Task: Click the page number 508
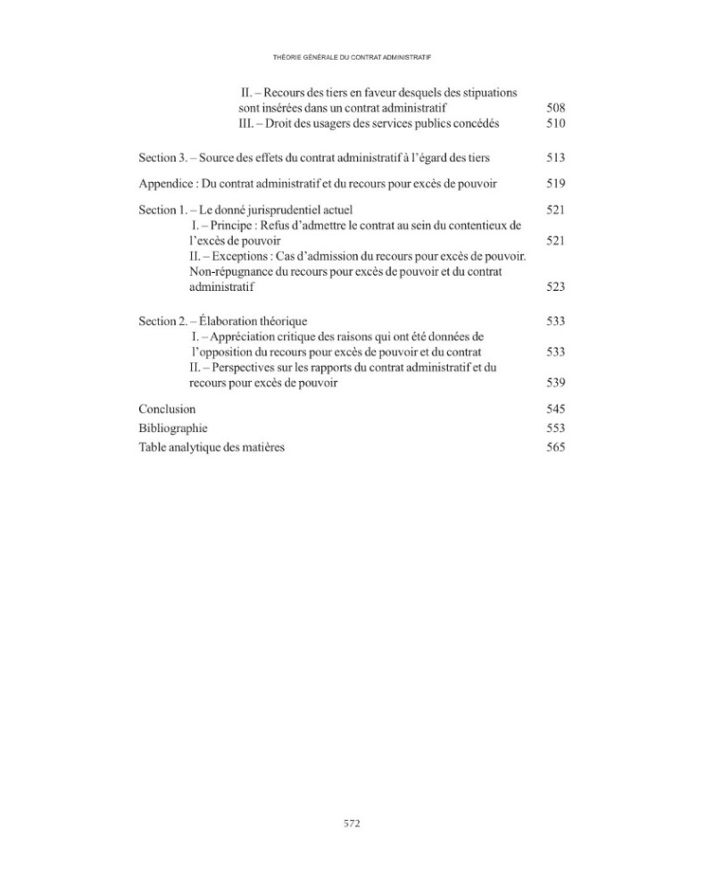[555, 108]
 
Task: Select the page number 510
[555, 124]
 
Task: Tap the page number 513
[555, 158]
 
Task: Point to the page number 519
[555, 184]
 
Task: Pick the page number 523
[555, 287]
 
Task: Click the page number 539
[555, 383]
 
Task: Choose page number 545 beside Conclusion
[555, 409]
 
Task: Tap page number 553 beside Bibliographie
[555, 428]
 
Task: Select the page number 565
[555, 447]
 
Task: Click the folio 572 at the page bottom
[352, 824]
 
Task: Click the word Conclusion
[167, 409]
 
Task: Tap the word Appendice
[165, 184]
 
